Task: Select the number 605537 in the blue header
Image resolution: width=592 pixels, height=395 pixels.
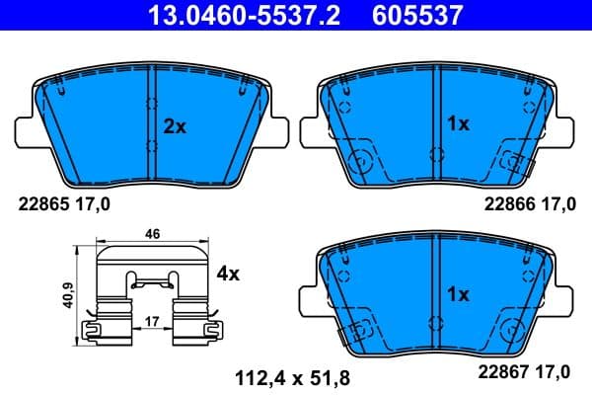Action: (x=414, y=15)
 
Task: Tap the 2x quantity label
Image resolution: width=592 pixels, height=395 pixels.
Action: (x=174, y=126)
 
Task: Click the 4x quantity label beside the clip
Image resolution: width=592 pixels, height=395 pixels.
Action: (x=228, y=275)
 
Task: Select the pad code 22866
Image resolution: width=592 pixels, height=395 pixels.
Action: (x=505, y=205)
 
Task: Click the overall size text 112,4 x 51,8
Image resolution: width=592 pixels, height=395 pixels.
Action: (x=292, y=376)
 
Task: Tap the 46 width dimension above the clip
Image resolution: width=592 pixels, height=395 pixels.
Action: (x=152, y=235)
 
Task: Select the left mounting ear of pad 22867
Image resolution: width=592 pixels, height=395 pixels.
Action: (x=305, y=299)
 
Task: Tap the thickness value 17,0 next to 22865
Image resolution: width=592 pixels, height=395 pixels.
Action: (x=94, y=205)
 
